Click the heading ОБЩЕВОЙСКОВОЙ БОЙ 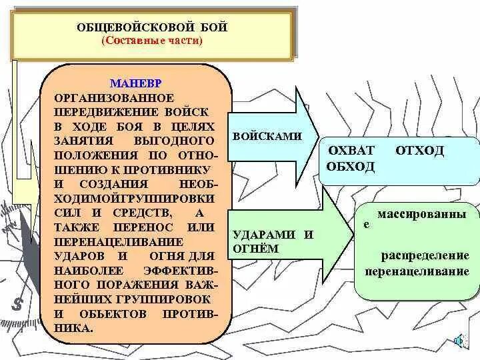(x=152, y=27)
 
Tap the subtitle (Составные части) (x=152, y=41)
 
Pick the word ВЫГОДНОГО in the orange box (x=175, y=141)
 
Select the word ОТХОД (x=419, y=151)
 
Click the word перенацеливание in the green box (x=417, y=272)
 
